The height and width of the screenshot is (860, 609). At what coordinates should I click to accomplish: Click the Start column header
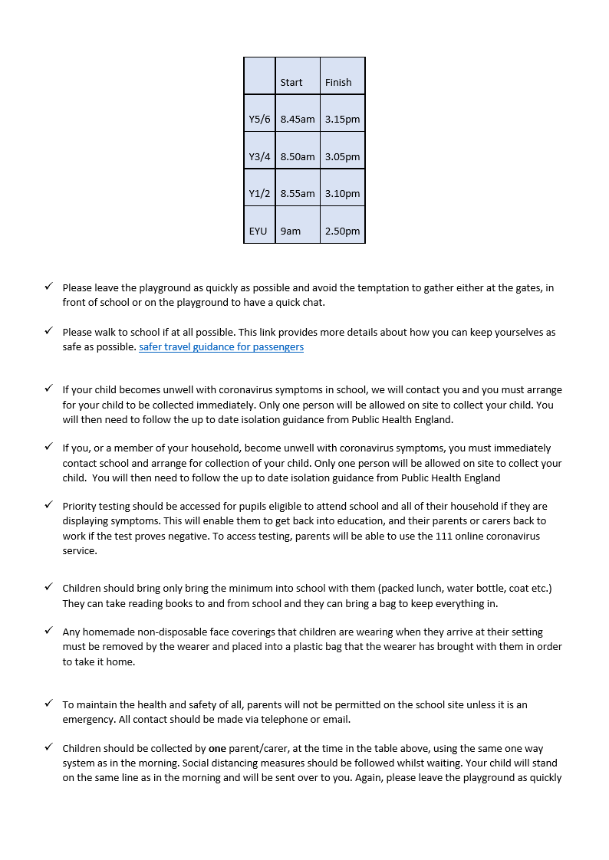tap(291, 82)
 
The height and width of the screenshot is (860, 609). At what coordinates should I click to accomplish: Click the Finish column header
tap(338, 82)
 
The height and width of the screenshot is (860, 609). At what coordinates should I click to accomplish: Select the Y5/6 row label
tap(259, 120)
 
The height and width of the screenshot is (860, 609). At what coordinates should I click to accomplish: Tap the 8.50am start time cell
tap(298, 156)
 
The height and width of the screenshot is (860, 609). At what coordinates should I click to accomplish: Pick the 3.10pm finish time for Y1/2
tap(342, 194)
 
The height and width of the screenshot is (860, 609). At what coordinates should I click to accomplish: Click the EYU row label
tap(258, 231)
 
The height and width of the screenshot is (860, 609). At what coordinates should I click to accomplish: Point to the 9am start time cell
tap(291, 231)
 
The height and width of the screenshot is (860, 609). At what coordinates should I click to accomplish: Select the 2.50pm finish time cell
tap(342, 231)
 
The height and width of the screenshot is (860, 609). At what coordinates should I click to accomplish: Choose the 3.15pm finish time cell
tap(342, 120)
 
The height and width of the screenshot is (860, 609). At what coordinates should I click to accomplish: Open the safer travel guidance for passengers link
tap(221, 347)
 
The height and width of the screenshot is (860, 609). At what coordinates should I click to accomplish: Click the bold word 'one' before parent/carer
tap(218, 748)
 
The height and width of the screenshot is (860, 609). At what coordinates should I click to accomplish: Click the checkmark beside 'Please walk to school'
tap(48, 332)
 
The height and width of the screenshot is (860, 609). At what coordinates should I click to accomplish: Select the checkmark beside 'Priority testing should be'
tap(48, 506)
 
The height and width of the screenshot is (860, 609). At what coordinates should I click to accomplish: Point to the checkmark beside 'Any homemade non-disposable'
tap(48, 632)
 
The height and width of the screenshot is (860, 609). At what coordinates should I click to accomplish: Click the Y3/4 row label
tap(259, 156)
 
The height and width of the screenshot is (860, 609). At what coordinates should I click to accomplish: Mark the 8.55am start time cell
tap(298, 194)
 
